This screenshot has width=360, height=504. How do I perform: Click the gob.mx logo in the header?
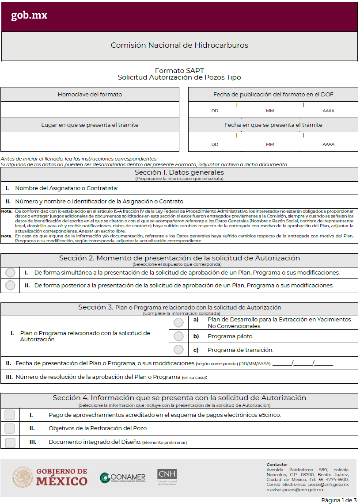tap(29, 16)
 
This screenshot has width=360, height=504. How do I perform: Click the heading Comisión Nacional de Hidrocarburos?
tap(179, 45)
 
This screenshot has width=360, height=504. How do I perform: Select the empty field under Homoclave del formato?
tap(90, 109)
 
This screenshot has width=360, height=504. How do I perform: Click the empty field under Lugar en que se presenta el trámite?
tap(90, 141)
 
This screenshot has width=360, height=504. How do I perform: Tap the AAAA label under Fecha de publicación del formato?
tap(328, 111)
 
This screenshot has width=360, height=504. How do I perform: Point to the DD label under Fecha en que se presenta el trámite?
tap(215, 145)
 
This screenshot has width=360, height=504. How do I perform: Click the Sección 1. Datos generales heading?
tap(179, 172)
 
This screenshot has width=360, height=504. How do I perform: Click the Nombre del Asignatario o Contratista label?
tap(67, 188)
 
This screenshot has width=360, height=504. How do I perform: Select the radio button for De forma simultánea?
tap(10, 273)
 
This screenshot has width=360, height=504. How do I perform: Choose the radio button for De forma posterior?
tap(10, 286)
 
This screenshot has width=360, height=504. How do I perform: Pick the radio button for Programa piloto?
tap(178, 336)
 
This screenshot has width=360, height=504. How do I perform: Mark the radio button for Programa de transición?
tap(178, 350)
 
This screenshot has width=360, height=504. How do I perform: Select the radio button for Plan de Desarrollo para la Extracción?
tap(178, 323)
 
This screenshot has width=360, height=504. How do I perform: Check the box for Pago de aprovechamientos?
tap(10, 415)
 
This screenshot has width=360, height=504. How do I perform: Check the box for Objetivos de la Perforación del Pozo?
tap(10, 428)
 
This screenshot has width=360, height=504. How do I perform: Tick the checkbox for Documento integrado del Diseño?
tap(10, 442)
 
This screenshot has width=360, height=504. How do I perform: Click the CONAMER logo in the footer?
tap(122, 477)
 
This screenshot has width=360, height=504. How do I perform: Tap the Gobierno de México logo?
tap(49, 477)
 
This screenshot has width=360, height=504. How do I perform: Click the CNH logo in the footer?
tap(167, 477)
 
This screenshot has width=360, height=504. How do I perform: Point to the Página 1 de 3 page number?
tap(338, 500)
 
